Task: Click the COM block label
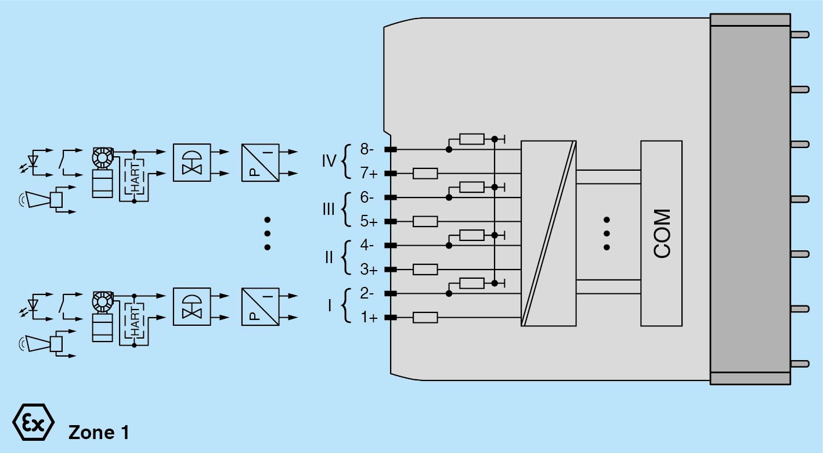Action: click(662, 233)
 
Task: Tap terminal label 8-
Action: click(367, 149)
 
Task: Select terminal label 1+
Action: click(368, 318)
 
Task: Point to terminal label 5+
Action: click(368, 221)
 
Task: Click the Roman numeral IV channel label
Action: click(329, 160)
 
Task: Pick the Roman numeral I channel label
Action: click(330, 305)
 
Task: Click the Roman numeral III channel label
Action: click(329, 209)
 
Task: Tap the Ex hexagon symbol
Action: click(33, 421)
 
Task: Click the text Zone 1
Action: click(99, 433)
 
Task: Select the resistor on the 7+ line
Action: click(425, 173)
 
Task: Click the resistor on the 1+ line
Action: click(425, 317)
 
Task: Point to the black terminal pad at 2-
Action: click(390, 294)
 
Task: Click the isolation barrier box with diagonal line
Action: click(548, 233)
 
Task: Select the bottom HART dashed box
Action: click(135, 321)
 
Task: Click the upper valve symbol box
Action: click(192, 163)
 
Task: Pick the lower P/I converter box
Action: click(260, 307)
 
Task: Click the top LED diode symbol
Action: click(34, 159)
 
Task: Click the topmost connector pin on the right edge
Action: click(800, 34)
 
